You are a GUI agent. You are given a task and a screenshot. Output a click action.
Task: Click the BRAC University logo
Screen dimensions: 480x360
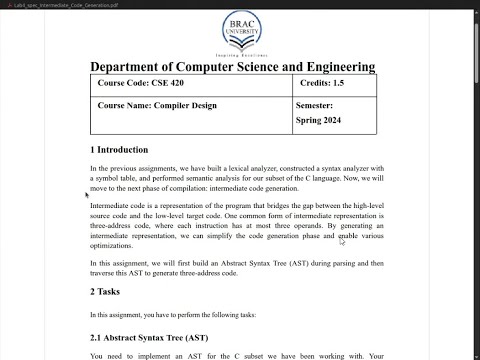(x=233, y=30)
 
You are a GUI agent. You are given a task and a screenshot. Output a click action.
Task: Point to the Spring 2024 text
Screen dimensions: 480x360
(x=320, y=120)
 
